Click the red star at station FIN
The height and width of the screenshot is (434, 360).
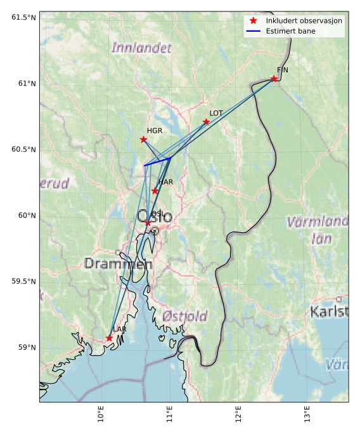(x=274, y=79)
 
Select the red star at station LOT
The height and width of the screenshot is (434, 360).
(x=206, y=122)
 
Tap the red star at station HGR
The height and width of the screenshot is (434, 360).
(x=143, y=140)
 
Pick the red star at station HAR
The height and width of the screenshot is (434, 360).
(x=155, y=191)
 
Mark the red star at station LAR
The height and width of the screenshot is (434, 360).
(x=110, y=338)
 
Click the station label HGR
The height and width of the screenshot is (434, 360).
(x=155, y=131)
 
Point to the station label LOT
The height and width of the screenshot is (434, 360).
(x=216, y=113)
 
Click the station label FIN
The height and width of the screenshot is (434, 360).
(x=283, y=70)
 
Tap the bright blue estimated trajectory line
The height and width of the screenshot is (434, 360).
(x=158, y=162)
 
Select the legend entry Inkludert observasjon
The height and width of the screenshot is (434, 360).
(x=304, y=21)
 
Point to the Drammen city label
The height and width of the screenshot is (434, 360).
(x=119, y=263)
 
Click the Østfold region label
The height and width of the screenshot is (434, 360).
(x=184, y=316)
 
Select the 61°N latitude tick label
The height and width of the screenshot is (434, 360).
(x=23, y=83)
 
